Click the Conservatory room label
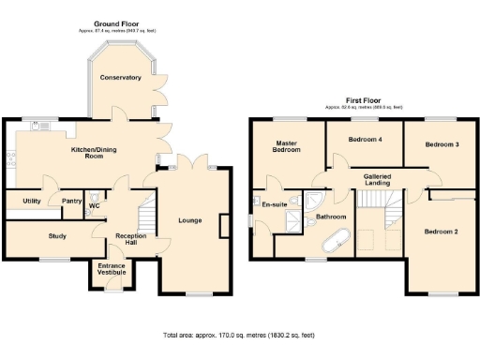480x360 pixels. pyautogui.click(x=120, y=77)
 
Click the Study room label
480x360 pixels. pyautogui.click(x=57, y=236)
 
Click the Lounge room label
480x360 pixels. pyautogui.click(x=189, y=221)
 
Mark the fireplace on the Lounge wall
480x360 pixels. pyautogui.click(x=223, y=226)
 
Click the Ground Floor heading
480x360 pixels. pyautogui.click(x=117, y=22)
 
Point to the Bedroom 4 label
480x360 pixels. pyautogui.click(x=365, y=140)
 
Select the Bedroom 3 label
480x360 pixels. pyautogui.click(x=441, y=144)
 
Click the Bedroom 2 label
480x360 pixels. pyautogui.click(x=441, y=231)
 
